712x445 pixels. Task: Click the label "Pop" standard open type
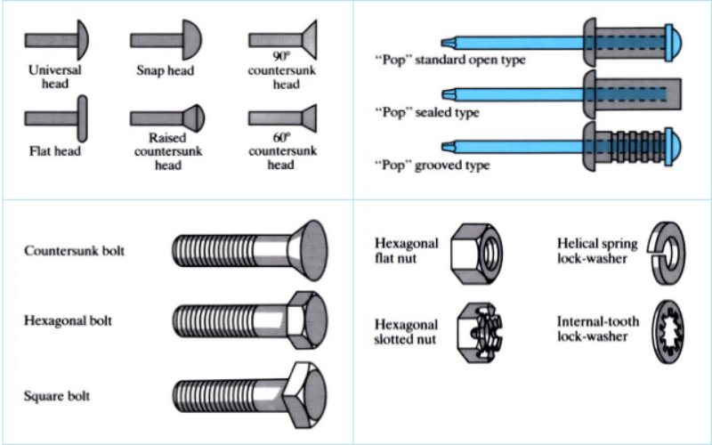[x=449, y=60]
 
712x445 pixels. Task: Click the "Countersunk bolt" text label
[x=75, y=251]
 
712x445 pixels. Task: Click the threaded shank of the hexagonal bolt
[x=227, y=318]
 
